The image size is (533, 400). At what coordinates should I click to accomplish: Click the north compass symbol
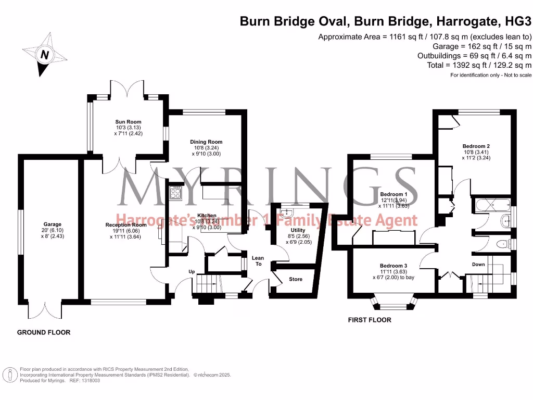(x=44, y=54)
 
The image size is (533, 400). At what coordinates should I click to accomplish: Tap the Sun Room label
(x=128, y=122)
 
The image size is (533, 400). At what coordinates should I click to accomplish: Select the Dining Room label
(x=206, y=142)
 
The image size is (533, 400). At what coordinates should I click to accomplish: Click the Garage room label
(x=52, y=224)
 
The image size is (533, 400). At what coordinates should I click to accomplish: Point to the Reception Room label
(x=123, y=225)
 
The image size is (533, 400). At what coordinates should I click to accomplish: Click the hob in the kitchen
(x=175, y=194)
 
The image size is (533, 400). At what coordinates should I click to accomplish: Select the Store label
(x=295, y=279)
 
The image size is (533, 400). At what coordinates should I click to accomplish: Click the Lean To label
(x=258, y=261)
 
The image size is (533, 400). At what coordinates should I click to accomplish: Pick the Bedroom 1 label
(x=394, y=194)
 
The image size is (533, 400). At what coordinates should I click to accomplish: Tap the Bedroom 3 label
(x=394, y=266)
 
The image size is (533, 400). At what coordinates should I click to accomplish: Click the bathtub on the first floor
(x=490, y=206)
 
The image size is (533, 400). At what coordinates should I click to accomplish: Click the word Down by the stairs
(x=478, y=265)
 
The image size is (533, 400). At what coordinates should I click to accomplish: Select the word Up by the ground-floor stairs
(x=192, y=271)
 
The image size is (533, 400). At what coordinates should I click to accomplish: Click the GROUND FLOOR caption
(x=44, y=332)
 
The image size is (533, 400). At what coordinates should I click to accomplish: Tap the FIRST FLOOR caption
(x=370, y=320)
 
